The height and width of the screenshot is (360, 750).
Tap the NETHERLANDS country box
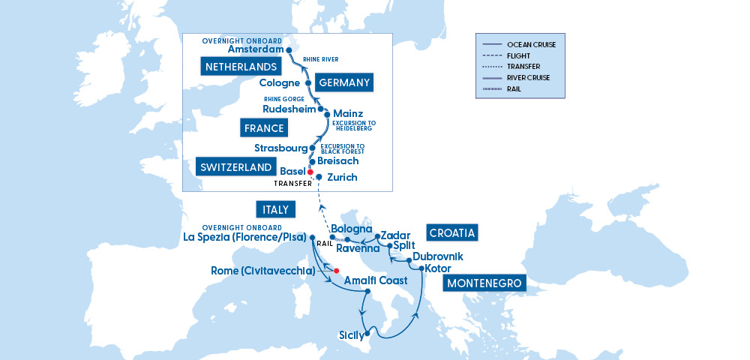pos(237,67)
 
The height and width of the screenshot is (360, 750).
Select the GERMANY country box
pos(343,82)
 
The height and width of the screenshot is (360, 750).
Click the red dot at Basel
pos(310,172)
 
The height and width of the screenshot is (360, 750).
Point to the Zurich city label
pos(342,178)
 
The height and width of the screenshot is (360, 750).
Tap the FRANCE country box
pos(263,128)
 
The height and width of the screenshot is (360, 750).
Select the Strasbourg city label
pos(281,148)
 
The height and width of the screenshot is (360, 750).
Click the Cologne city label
pos(279,83)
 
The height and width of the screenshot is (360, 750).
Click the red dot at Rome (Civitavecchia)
pos(337,271)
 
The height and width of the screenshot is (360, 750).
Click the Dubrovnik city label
pos(438,256)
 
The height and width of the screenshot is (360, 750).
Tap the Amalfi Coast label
pos(376,280)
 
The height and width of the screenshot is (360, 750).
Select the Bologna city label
pos(352,229)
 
